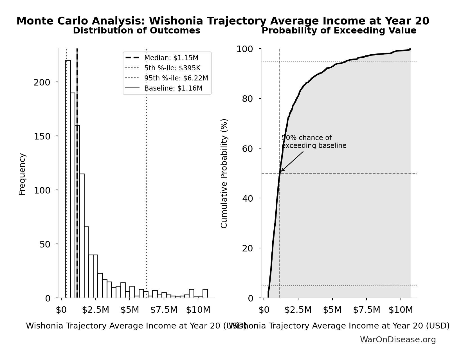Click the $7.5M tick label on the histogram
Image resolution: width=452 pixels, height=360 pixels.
click(164, 310)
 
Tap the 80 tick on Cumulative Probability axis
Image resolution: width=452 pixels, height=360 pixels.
click(248, 99)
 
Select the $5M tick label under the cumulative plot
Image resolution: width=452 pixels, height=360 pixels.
click(332, 310)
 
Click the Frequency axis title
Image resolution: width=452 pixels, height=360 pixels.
click(22, 174)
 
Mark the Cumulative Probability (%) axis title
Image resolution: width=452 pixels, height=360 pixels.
click(224, 173)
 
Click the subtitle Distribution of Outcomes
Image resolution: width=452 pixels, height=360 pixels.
click(136, 31)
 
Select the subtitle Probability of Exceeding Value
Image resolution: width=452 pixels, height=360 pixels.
click(339, 31)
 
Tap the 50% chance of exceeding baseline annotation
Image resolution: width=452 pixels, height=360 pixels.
click(314, 142)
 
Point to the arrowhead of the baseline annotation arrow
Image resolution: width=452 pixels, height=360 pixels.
click(282, 171)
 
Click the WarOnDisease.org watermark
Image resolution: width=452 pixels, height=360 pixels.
click(398, 340)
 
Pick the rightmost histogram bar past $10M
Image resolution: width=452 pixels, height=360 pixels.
click(205, 293)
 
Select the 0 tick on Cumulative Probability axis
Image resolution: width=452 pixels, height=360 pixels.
click(251, 298)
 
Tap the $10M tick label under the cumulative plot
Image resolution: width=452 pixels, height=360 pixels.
click(401, 310)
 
